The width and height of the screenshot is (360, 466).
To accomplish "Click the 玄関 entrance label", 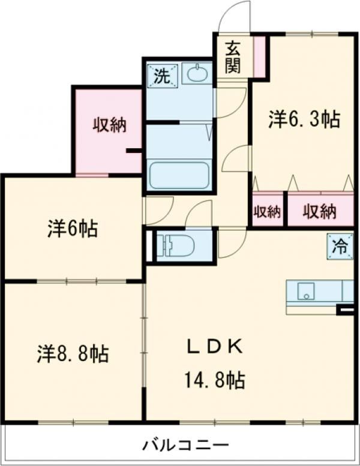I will tap(233, 56).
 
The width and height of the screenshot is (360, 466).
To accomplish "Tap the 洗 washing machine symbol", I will tap(161, 76).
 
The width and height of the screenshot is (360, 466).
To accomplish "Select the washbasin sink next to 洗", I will tap(196, 74).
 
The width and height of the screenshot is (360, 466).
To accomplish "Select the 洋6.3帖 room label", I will tap(304, 120).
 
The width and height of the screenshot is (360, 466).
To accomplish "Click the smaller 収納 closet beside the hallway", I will tap(267, 211).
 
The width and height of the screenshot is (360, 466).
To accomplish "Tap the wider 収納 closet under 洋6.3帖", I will tap(319, 211).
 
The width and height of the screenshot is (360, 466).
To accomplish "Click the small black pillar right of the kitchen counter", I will tap(346, 309).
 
